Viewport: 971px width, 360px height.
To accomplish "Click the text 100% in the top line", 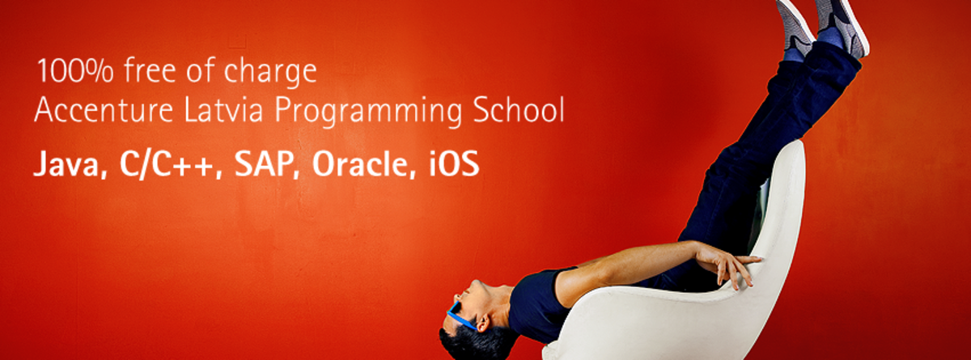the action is click(x=75, y=70).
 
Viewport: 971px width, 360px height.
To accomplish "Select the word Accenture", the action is click(x=104, y=110).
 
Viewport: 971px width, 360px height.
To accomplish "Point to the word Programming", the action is click(x=368, y=112).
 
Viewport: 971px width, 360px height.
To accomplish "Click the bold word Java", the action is click(x=66, y=163).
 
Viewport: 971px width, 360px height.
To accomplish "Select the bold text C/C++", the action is click(x=167, y=163).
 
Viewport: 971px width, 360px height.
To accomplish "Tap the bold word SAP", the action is click(x=262, y=163).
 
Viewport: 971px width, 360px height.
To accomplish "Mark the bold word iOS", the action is click(x=454, y=163).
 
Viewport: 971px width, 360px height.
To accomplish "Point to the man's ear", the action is click(x=483, y=323).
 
